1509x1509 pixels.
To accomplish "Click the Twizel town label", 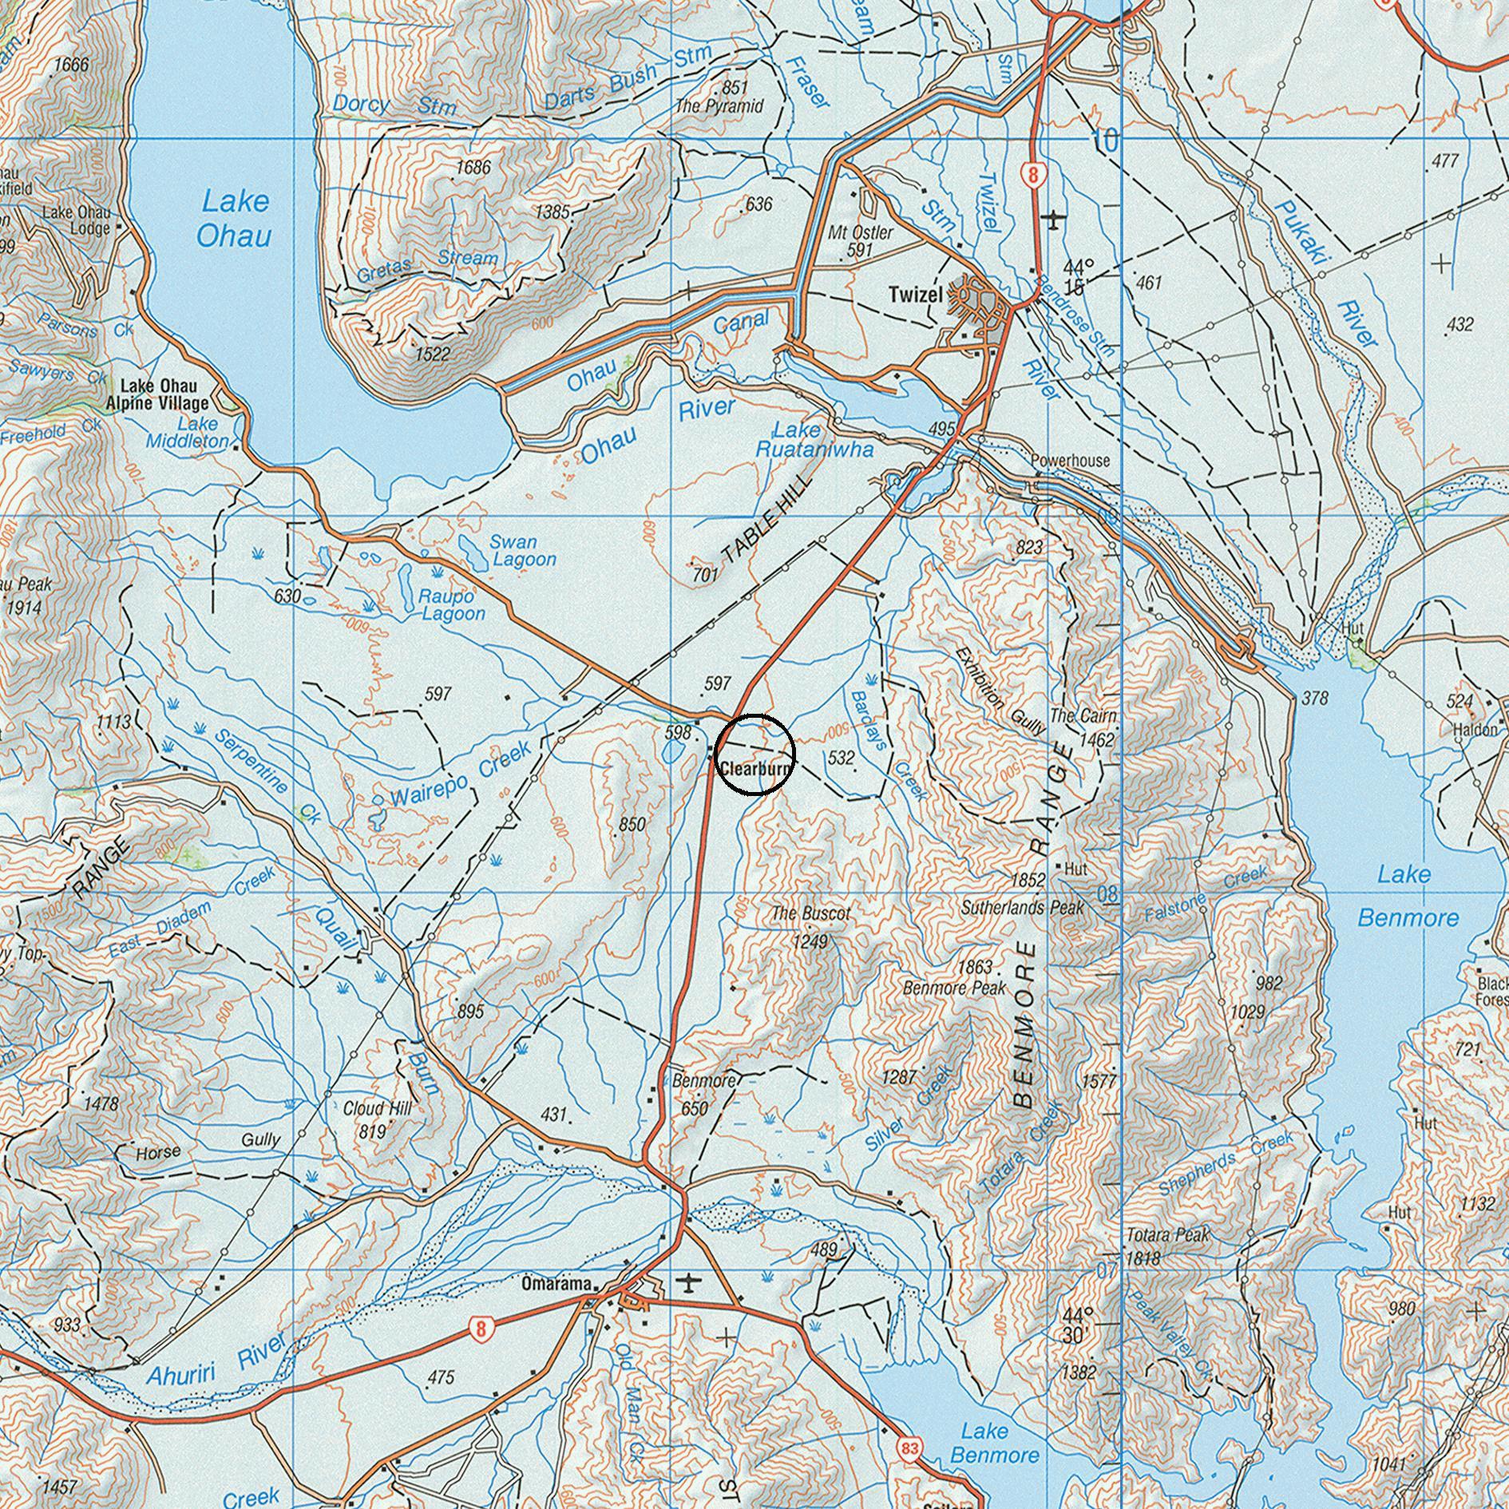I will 915,295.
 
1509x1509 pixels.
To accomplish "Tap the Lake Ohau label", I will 235,218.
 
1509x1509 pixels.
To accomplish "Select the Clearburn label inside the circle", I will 755,769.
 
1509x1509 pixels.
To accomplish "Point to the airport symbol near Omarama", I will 687,1283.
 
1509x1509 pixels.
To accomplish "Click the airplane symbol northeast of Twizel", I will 1055,218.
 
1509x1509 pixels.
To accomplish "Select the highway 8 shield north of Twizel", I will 1033,176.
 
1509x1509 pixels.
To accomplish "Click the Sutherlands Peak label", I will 1022,908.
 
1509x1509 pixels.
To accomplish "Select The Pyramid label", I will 719,105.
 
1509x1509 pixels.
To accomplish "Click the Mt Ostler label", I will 861,233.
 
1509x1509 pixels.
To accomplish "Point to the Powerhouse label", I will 1070,461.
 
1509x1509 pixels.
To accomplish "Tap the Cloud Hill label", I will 377,1109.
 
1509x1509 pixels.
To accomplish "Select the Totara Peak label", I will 1168,1235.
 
